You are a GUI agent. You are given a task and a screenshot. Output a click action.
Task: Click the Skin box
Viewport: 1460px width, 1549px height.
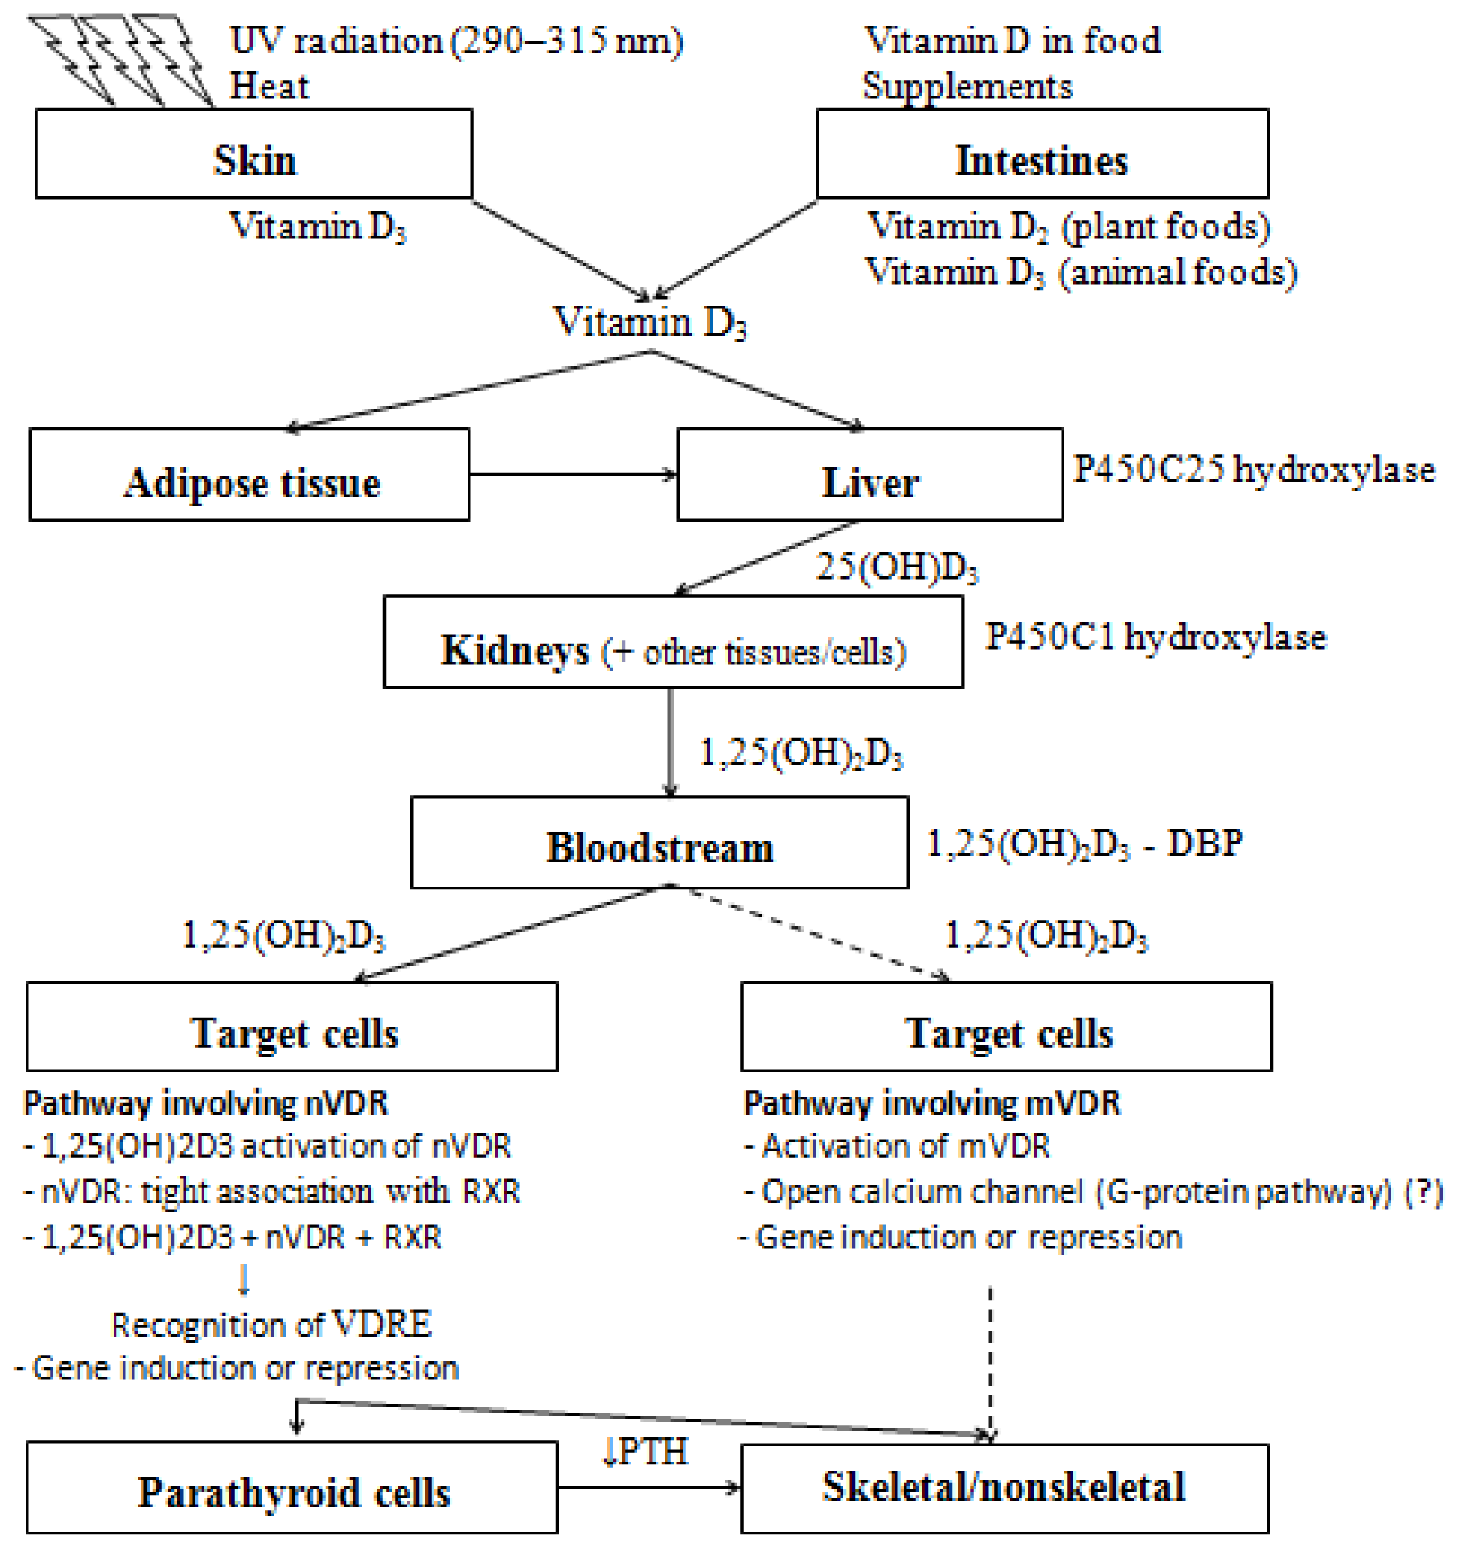(254, 154)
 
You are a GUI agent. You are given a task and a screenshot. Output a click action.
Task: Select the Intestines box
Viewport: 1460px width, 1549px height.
(1042, 154)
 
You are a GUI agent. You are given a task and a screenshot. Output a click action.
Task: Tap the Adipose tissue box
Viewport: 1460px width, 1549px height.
(249, 475)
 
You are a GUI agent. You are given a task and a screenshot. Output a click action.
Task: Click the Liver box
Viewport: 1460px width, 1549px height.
(870, 475)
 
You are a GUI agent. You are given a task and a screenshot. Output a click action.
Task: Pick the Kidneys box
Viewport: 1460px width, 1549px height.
(673, 642)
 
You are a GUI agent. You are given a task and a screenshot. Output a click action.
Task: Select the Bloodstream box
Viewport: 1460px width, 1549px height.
(660, 842)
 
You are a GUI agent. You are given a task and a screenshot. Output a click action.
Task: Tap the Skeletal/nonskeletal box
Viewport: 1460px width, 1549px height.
(1004, 1488)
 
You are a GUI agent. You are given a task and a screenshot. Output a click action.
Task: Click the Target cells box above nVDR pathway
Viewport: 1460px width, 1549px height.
(292, 1026)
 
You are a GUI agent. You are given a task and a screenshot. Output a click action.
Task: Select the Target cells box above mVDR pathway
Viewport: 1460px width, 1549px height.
(1005, 1026)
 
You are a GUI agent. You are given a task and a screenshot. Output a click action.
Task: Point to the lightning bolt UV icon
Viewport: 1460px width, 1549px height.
(121, 58)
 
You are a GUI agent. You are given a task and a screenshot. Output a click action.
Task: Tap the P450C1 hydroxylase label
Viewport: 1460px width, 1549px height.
(1155, 637)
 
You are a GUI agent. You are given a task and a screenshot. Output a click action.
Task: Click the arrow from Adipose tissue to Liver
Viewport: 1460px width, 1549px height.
(573, 474)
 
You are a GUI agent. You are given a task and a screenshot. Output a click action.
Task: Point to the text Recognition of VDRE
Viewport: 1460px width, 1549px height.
(271, 1325)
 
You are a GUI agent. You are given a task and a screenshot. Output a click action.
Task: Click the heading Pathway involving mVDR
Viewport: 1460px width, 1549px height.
(931, 1104)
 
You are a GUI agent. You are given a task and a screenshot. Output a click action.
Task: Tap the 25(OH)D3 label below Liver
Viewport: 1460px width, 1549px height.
(897, 567)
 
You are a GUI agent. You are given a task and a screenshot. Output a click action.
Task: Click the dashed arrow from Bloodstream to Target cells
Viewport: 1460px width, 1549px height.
(818, 933)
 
